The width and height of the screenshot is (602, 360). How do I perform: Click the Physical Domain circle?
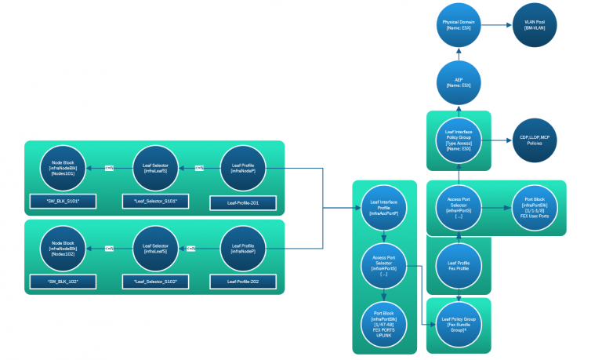[x=459, y=26]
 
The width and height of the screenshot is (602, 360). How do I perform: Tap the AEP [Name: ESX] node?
[x=459, y=83]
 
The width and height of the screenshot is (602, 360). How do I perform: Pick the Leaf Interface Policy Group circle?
[x=459, y=140]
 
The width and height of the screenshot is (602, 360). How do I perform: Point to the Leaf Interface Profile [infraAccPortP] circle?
[x=383, y=208]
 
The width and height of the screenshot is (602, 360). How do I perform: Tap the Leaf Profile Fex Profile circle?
[x=459, y=267]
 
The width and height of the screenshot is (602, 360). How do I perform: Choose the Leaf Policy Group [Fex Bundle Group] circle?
[x=459, y=323]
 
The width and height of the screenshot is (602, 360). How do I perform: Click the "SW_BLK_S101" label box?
[x=63, y=202]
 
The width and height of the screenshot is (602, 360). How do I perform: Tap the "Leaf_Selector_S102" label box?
[x=155, y=280]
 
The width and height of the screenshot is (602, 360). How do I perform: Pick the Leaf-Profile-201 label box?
[x=244, y=202]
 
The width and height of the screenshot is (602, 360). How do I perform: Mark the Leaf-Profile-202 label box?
[x=244, y=280]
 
